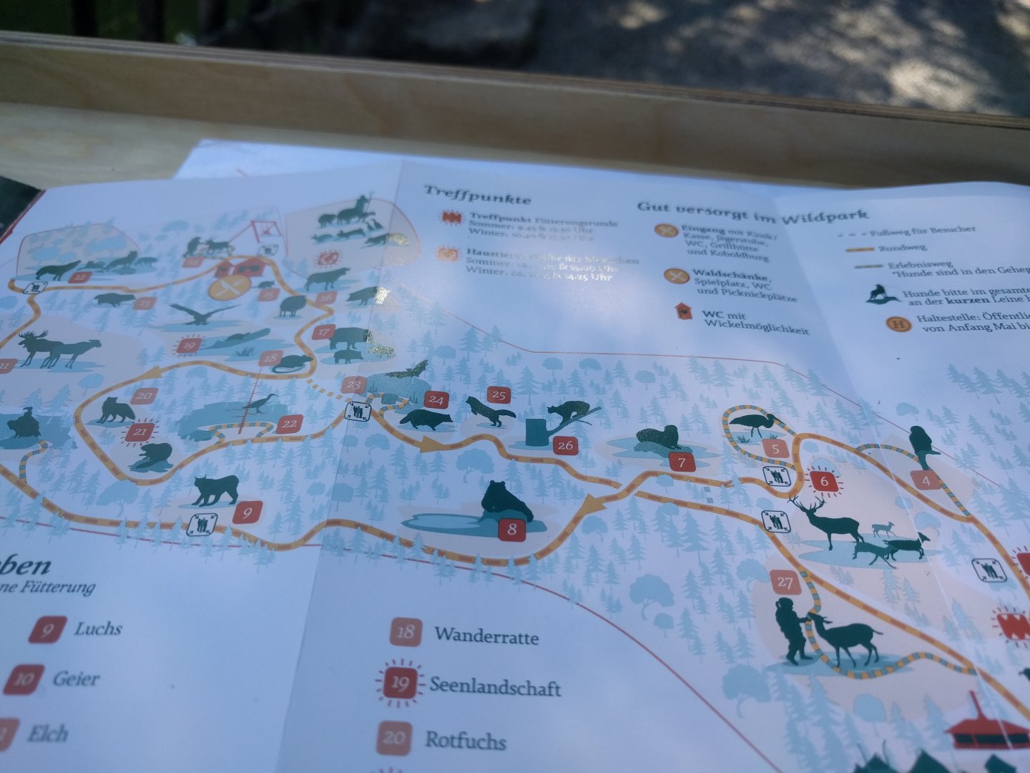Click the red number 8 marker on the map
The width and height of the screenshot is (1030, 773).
click(x=512, y=530)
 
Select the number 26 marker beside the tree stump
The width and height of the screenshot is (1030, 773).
click(x=565, y=445)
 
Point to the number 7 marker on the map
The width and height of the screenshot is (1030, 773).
click(x=682, y=462)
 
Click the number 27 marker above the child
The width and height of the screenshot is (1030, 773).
click(x=785, y=582)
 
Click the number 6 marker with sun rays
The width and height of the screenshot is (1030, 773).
click(x=824, y=482)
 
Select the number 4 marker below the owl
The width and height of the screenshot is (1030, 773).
click(x=926, y=480)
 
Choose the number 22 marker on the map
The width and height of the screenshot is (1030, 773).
click(x=288, y=424)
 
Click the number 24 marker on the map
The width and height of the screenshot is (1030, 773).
click(x=436, y=400)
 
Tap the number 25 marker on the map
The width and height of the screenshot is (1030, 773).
click(x=498, y=394)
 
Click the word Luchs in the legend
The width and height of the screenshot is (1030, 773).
click(x=98, y=628)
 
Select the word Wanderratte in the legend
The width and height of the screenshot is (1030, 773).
click(x=486, y=636)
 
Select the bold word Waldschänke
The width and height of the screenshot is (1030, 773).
click(x=730, y=276)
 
